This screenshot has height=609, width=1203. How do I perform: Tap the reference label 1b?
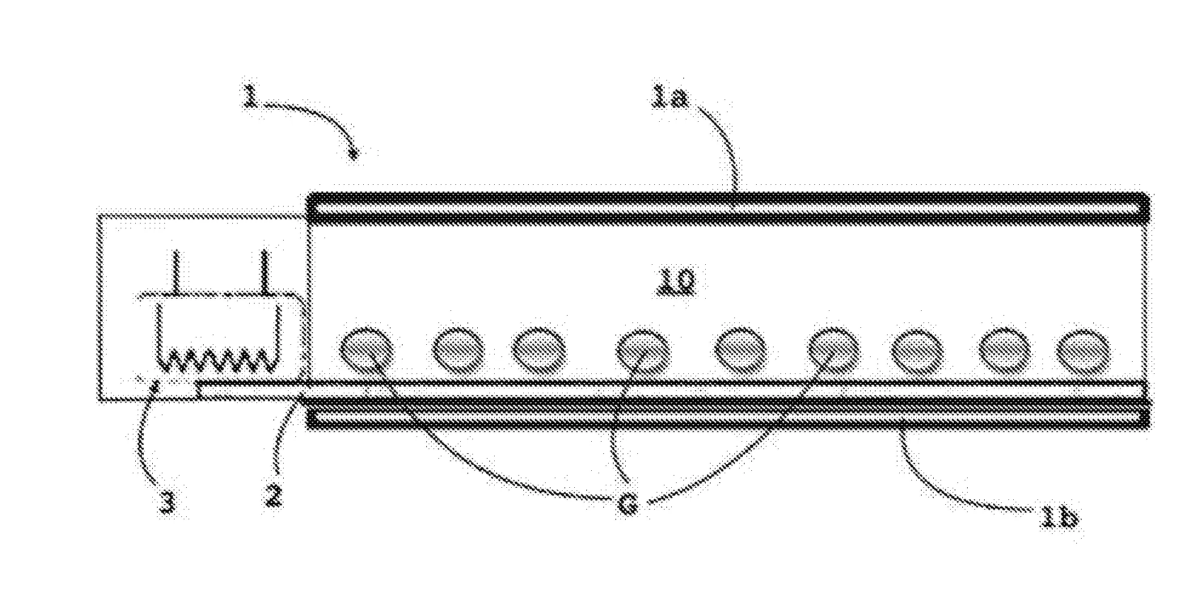tap(1058, 519)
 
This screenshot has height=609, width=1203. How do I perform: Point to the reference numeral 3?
tap(167, 502)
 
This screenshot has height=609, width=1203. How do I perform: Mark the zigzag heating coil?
tap(220, 360)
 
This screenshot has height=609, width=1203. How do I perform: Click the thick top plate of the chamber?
tap(728, 208)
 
